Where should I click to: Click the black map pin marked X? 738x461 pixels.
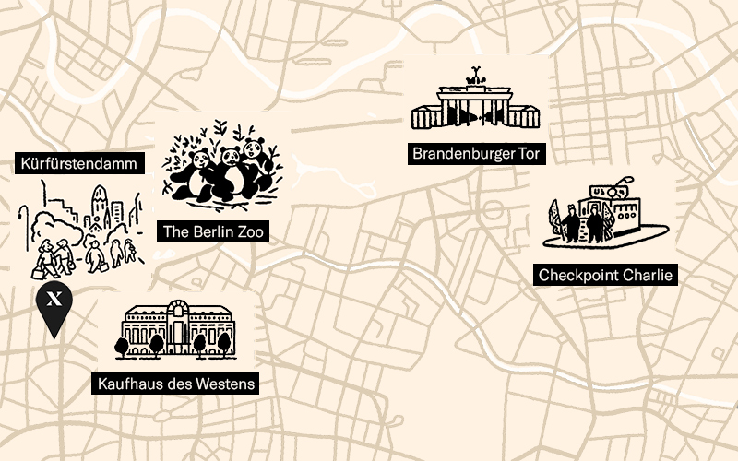point(54,301)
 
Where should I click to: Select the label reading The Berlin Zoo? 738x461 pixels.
point(214,231)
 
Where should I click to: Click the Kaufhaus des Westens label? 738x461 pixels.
point(175,383)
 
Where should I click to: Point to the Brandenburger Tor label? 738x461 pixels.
point(476,154)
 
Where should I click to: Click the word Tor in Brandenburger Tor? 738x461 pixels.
point(529,154)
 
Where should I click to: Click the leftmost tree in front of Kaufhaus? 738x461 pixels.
point(123,345)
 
